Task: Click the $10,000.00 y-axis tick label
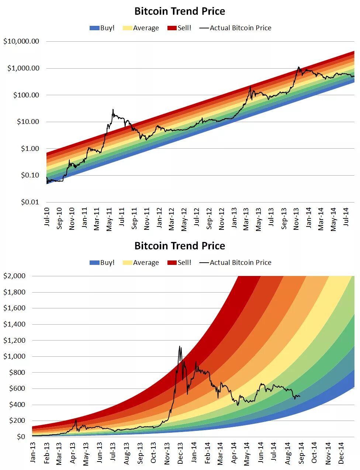point(21,41)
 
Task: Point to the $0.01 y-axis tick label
point(30,202)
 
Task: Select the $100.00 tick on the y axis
point(26,95)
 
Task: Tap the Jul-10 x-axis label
point(47,217)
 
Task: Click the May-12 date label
point(184,220)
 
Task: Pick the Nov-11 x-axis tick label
point(147,219)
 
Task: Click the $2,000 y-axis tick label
point(14,276)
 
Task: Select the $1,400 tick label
point(14,324)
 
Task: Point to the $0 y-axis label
point(21,437)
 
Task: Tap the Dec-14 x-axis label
point(341,453)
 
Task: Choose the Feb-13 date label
point(46,453)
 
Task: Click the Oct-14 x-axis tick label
point(314,453)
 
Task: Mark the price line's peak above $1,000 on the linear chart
point(180,346)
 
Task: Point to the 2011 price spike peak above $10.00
point(113,109)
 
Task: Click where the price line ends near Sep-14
point(300,397)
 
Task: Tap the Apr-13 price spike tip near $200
point(76,419)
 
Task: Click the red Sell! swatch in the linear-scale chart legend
point(172,263)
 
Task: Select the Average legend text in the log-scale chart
point(146,28)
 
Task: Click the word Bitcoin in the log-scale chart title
point(149,11)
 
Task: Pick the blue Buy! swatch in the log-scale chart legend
point(94,28)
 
